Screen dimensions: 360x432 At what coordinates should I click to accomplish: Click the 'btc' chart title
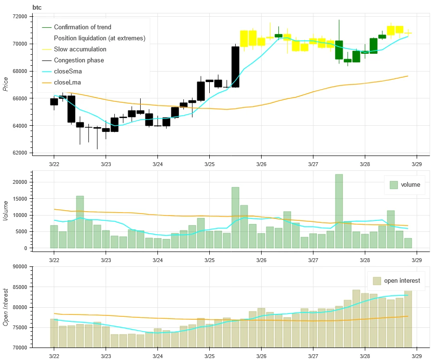click(x=37, y=7)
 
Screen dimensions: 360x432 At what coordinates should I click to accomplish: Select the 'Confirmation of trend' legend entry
click(x=82, y=27)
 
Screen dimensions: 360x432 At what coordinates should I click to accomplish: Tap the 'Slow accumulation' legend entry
click(x=80, y=49)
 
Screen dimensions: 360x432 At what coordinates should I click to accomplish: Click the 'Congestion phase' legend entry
click(x=79, y=60)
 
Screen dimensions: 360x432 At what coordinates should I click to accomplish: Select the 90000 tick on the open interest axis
click(x=19, y=266)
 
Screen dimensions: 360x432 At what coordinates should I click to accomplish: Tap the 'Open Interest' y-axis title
click(x=6, y=307)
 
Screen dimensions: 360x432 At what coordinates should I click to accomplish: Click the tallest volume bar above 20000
click(x=339, y=211)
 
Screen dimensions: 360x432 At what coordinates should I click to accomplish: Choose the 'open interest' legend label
click(x=402, y=281)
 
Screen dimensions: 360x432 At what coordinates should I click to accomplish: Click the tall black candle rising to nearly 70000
click(x=235, y=67)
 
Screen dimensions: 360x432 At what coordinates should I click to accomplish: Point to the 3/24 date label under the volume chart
click(x=157, y=260)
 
